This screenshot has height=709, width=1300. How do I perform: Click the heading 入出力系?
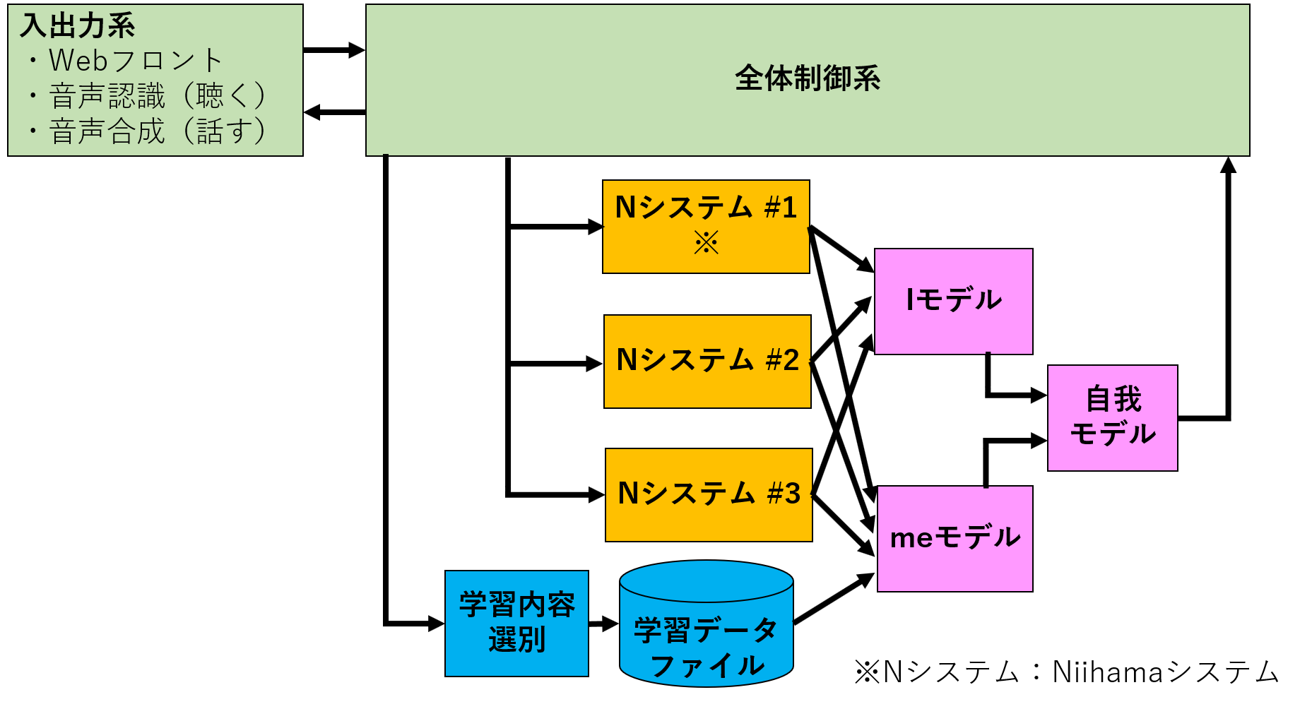click(x=78, y=26)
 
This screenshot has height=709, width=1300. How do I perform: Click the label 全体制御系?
click(x=808, y=78)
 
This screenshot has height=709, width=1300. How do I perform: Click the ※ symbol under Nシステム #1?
click(x=706, y=243)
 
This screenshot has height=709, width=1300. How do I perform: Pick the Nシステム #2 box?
click(x=707, y=361)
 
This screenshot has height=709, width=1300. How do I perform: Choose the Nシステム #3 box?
click(x=709, y=494)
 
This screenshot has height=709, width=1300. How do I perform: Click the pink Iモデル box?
click(x=953, y=301)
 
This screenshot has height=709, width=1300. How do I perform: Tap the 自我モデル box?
click(x=1112, y=417)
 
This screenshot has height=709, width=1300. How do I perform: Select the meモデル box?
click(x=955, y=538)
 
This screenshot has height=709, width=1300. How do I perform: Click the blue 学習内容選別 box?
click(x=516, y=623)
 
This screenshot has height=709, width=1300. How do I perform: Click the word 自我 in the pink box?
click(x=1113, y=400)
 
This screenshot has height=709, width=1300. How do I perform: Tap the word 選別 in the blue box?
click(x=516, y=641)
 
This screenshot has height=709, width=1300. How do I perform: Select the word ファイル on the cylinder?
click(x=707, y=666)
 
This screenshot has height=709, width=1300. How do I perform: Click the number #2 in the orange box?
click(x=783, y=361)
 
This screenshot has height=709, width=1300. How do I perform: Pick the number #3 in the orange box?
click(x=784, y=494)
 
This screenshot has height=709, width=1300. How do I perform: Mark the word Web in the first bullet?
click(x=78, y=61)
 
